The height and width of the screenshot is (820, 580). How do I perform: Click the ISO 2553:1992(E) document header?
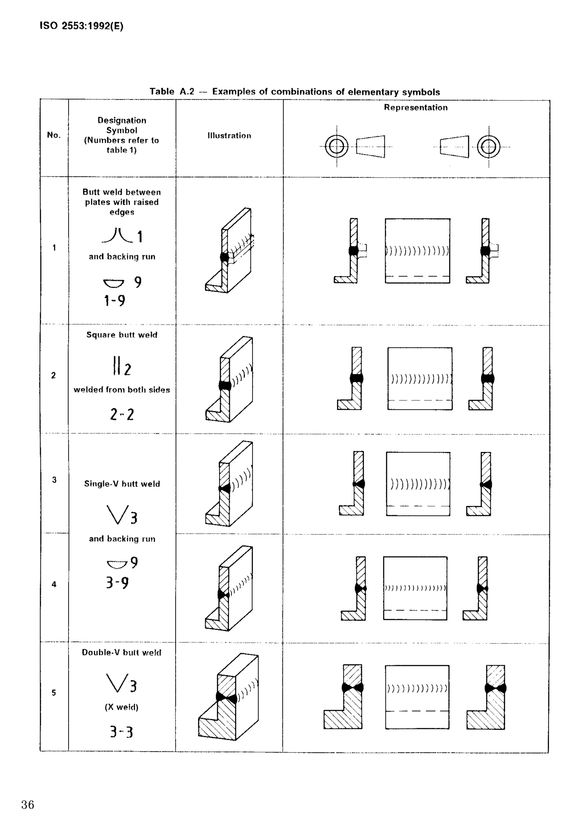coord(82,26)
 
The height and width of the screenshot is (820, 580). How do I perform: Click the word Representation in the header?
coord(416,108)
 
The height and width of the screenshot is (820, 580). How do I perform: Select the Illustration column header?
coord(229,136)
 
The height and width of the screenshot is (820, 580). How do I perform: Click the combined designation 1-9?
coord(115,301)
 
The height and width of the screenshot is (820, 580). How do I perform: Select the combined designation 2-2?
coord(122,414)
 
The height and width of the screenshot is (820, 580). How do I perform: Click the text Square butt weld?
coord(122,335)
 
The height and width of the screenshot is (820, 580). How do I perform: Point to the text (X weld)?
coord(121,707)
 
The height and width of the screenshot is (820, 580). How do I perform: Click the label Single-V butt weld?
coord(122,484)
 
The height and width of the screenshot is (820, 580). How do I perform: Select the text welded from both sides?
coord(122,390)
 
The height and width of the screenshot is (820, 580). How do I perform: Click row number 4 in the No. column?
coord(54,584)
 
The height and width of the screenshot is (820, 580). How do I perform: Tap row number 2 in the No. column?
coord(54,375)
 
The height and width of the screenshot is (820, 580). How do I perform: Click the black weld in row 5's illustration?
coord(226,697)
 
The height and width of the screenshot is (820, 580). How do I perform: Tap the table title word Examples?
coord(234,92)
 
